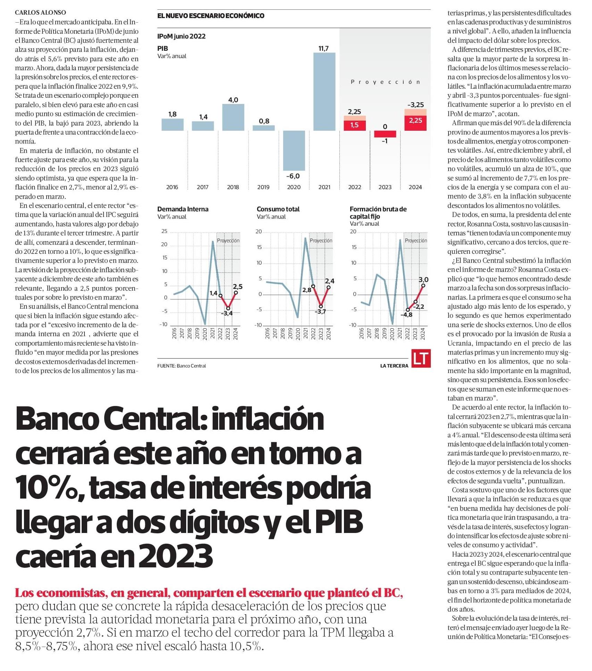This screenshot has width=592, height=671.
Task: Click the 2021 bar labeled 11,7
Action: click(324, 91)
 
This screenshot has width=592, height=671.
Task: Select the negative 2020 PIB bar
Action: click(294, 151)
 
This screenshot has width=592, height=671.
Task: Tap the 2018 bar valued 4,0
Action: click(233, 117)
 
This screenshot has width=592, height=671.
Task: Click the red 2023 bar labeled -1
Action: click(385, 134)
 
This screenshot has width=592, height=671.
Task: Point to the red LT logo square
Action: click(421, 358)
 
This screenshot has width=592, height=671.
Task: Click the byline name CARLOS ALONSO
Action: click(40, 13)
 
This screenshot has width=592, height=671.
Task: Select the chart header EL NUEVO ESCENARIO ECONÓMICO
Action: click(211, 16)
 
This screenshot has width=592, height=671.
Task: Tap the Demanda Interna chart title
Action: click(183, 209)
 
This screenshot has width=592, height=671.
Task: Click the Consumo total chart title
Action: click(278, 209)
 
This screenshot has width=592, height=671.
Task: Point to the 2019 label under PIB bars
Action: click(263, 187)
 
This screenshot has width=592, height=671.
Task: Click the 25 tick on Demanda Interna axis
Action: click(164, 231)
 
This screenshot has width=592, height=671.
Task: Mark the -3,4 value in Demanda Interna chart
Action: click(227, 313)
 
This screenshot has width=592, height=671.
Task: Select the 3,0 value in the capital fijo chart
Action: click(424, 280)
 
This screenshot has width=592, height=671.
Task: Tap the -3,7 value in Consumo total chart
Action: click(320, 312)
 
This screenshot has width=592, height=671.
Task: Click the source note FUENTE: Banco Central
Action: click(181, 366)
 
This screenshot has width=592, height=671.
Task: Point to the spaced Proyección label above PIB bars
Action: click(385, 82)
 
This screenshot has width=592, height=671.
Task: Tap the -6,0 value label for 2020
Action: click(293, 176)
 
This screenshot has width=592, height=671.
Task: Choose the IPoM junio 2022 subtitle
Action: click(181, 36)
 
